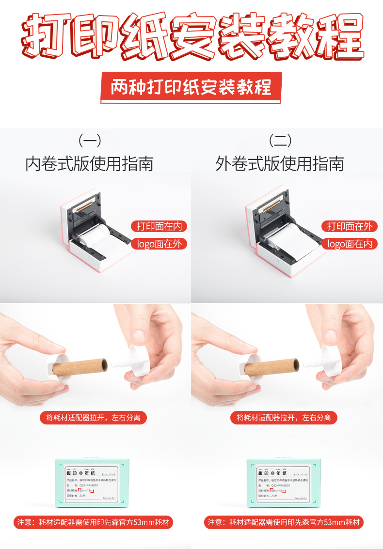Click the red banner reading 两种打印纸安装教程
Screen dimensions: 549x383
[191, 88]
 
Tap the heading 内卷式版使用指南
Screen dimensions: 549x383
[89, 164]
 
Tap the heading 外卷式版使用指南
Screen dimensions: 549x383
[280, 164]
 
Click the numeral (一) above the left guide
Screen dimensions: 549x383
[90, 141]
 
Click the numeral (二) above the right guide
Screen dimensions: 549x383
[280, 141]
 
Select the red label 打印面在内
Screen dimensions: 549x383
[159, 226]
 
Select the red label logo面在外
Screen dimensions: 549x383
[159, 244]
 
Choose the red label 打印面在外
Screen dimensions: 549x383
[349, 226]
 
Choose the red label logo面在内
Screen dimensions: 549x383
[349, 244]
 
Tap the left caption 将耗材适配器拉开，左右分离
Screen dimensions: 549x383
[93, 417]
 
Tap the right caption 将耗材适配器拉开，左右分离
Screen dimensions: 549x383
[284, 417]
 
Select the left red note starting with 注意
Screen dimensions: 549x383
[93, 522]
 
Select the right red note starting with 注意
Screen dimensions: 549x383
[284, 522]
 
